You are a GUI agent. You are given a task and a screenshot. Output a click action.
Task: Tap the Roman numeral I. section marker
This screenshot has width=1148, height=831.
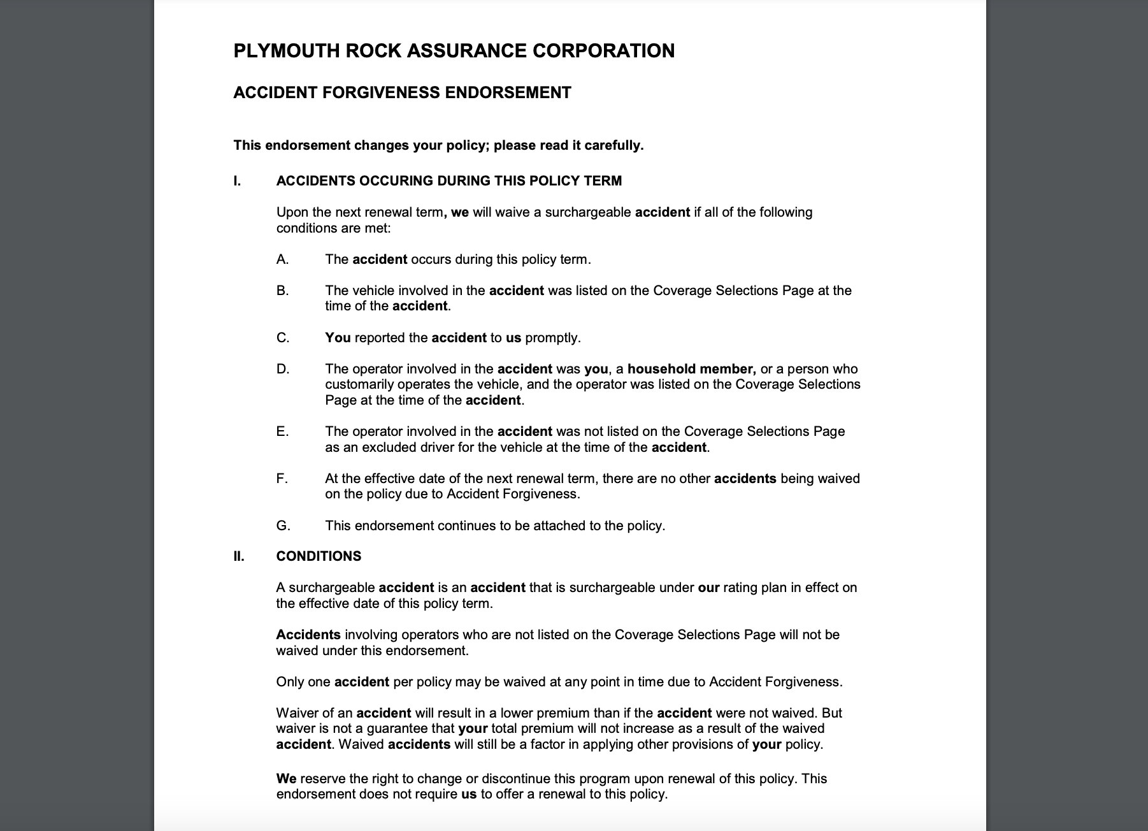click(237, 181)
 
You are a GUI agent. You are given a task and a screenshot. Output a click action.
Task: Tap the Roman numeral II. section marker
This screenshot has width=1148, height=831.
click(238, 556)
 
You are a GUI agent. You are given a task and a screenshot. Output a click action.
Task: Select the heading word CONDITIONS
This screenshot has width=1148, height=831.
click(319, 556)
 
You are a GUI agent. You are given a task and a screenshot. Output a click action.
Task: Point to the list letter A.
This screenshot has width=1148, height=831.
click(282, 259)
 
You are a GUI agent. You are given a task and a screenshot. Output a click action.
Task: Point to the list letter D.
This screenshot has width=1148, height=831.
click(282, 369)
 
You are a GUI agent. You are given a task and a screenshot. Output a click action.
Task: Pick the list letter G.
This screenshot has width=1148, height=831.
click(283, 526)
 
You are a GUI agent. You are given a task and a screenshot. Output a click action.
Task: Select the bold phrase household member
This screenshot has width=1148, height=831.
click(691, 369)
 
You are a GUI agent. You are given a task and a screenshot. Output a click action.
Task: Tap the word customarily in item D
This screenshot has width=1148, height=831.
click(359, 384)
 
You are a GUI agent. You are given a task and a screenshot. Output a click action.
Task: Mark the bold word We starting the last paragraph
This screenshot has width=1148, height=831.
click(286, 779)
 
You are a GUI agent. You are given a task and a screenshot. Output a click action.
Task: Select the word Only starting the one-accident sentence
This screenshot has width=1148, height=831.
click(290, 682)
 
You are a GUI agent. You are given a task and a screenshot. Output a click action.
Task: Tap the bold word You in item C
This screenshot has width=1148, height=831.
click(338, 338)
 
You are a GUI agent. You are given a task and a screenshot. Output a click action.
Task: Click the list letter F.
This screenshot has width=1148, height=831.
click(282, 479)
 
